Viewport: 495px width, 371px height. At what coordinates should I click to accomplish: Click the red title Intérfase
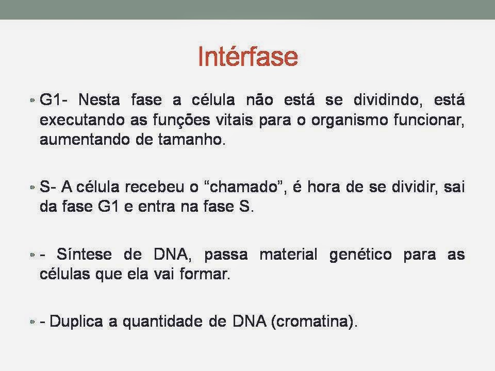click(248, 56)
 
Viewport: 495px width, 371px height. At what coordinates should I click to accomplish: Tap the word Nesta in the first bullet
click(99, 99)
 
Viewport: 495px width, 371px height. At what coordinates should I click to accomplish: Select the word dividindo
click(386, 99)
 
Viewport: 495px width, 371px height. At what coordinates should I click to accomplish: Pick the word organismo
click(350, 121)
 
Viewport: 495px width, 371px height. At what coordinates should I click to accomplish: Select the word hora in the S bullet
click(324, 187)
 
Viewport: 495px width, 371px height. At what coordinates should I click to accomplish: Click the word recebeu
click(154, 187)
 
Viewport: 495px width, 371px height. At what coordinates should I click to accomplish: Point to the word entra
click(157, 207)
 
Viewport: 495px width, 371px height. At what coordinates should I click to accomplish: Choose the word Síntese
click(84, 254)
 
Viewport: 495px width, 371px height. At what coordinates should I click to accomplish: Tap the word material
click(288, 254)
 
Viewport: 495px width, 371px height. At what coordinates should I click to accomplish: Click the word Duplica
click(76, 322)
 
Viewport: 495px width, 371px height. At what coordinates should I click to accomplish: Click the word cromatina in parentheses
click(311, 321)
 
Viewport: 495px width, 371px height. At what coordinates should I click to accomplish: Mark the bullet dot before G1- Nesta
click(32, 100)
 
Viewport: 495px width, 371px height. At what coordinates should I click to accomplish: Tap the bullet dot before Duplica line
click(32, 322)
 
